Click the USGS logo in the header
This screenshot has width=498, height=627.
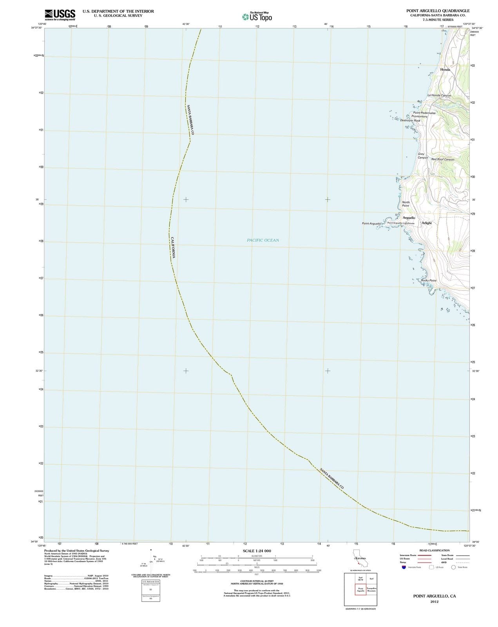60,14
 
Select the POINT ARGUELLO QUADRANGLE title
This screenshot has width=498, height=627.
438,11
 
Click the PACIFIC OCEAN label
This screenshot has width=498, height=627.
263,240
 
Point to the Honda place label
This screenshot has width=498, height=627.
445,69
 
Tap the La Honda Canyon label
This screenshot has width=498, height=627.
439,95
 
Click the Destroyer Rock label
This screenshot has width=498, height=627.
410,120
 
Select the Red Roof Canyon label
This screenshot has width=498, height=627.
443,159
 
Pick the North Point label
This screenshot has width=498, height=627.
406,204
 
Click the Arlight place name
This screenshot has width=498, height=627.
427,223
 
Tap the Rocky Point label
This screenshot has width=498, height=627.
429,281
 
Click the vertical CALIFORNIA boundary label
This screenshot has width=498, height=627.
173,247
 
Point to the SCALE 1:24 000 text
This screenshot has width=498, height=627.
257,551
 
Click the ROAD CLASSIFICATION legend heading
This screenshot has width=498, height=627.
435,551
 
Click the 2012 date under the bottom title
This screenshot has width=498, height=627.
434,602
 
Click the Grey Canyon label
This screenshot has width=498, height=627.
422,156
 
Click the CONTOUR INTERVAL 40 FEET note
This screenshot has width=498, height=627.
257,581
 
